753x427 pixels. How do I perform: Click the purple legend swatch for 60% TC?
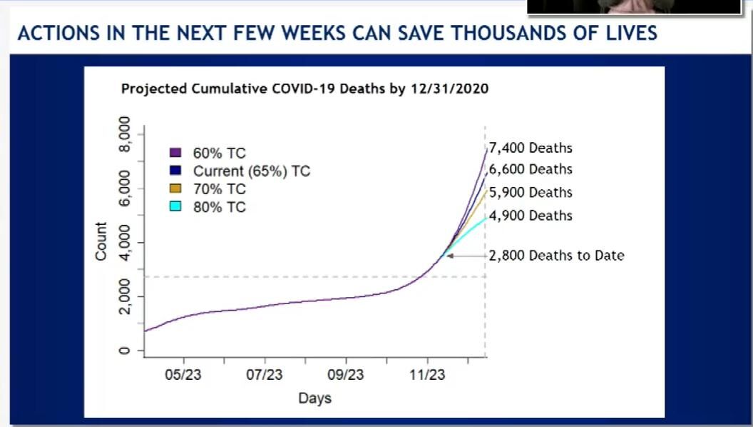175,152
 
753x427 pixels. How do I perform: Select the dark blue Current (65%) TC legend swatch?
175,171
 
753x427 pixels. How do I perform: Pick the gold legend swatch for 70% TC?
175,189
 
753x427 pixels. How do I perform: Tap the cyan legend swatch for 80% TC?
175,207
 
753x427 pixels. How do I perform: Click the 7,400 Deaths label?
531,149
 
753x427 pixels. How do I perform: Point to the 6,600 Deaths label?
531,169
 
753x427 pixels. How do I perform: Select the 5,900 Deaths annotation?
531,192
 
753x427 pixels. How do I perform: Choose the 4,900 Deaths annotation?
531,216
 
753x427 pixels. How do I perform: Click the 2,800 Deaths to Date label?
556,255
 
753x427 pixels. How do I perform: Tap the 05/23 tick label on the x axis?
184,374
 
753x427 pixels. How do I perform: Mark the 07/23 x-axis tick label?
265,374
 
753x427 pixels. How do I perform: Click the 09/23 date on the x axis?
346,374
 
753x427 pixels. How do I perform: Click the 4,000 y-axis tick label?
125,243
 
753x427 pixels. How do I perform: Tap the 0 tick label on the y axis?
125,351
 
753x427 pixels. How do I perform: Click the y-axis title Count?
101,241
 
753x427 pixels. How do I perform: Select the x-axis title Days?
314,398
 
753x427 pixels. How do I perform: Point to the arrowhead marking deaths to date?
450,256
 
